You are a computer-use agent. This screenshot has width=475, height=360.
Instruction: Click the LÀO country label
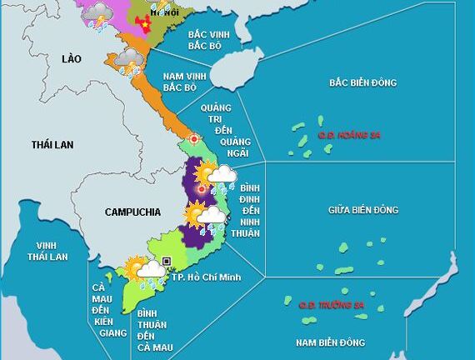point(74,58)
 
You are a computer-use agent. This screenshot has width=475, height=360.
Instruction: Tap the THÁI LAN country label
point(52,145)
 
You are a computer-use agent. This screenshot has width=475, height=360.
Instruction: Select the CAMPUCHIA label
point(132,212)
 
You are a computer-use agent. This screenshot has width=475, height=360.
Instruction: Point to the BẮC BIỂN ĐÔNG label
point(362,83)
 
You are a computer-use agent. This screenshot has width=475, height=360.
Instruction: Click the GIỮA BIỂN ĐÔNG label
point(362,209)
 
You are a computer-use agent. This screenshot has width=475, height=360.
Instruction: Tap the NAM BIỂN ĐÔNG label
point(331,342)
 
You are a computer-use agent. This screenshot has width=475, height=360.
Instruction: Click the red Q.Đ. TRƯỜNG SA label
point(332,306)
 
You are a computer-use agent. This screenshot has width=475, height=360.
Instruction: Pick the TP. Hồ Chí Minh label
point(207,277)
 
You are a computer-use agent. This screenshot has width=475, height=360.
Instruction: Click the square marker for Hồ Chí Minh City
point(167,262)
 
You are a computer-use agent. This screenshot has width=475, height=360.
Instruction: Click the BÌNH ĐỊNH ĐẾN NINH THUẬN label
point(249,207)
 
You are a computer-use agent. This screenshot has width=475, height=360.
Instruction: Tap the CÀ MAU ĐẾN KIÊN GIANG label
point(105,310)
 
